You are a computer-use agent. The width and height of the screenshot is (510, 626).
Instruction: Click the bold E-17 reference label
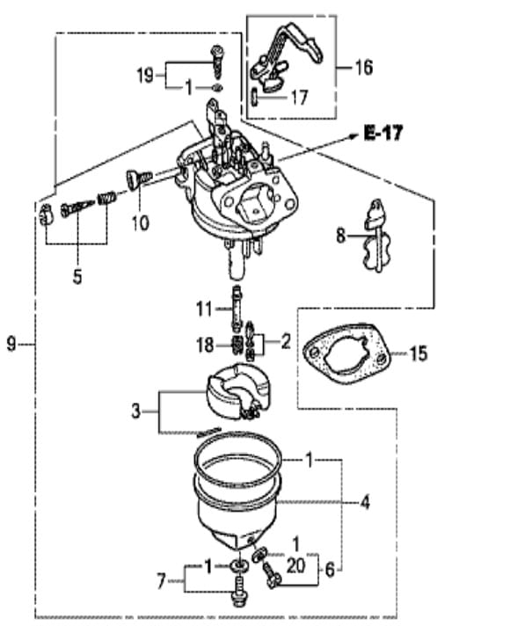coord(383,133)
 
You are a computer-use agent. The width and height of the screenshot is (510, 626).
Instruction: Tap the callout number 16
coord(363,67)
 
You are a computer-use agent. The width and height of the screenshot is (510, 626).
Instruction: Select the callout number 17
coord(300,98)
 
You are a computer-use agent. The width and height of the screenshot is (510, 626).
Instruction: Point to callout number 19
coord(145,75)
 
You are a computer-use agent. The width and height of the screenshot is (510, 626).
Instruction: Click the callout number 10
coord(141,222)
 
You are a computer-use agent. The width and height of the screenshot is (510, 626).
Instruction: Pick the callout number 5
coord(77,276)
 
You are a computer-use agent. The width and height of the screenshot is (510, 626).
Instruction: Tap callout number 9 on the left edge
coord(11,344)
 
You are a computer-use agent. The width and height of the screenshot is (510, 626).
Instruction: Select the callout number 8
coord(340,236)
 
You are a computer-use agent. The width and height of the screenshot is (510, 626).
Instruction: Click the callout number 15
coord(419,353)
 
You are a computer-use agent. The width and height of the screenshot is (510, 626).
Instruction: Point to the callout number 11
coord(204,309)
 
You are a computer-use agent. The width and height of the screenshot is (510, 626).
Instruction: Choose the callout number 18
coord(205,345)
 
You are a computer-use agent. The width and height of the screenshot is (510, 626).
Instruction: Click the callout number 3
coord(136,411)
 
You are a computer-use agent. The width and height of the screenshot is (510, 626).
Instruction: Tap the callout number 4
coord(365,502)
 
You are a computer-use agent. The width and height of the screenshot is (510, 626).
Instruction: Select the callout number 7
coord(161,581)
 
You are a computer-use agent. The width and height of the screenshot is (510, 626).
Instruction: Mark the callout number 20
coord(296,565)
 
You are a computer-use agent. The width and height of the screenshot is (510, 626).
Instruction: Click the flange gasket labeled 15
coord(346,353)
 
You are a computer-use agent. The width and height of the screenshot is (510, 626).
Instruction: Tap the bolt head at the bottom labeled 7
coord(239,599)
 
